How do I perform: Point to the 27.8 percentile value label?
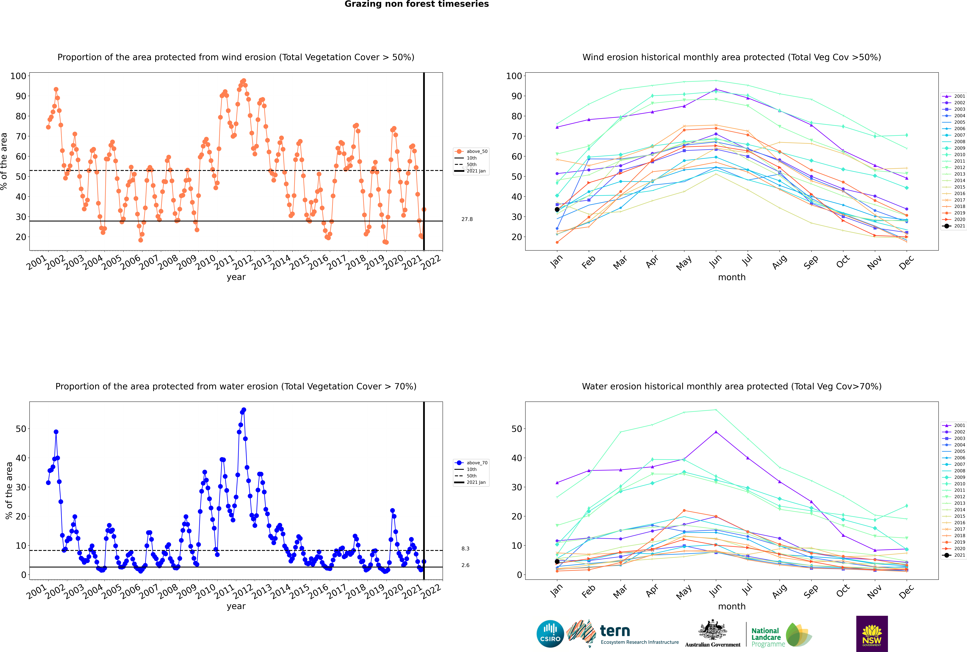467,219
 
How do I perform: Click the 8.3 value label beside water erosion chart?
465,548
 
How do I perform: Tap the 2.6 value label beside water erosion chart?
465,565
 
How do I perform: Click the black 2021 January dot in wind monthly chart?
557,210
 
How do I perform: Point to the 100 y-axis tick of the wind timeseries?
18,76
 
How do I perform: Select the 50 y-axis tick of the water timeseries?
21,429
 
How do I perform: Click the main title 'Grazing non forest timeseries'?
417,4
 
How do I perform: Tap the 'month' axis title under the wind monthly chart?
732,277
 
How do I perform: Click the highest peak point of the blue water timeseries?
244,410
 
